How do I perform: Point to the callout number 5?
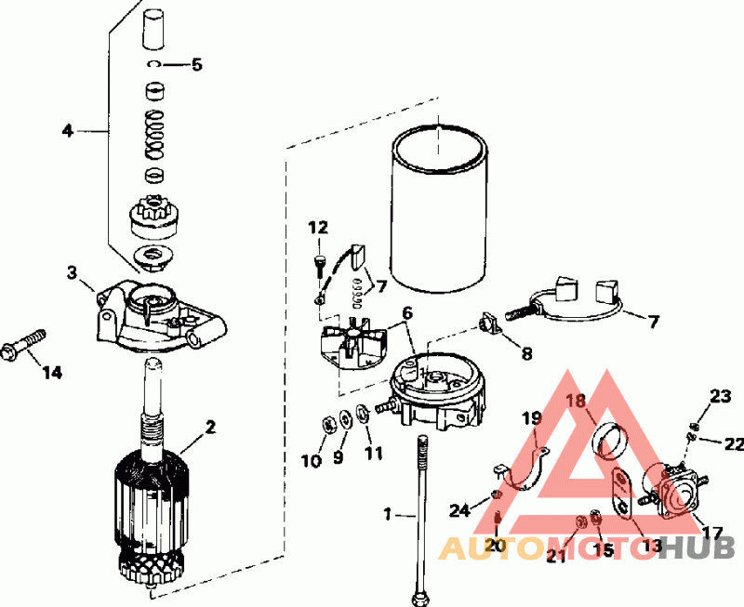(196, 65)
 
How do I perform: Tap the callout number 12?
(319, 227)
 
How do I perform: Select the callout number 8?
(526, 353)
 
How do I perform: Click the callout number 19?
(530, 418)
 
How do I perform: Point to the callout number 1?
(388, 513)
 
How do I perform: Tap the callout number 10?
(312, 459)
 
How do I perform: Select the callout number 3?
(72, 271)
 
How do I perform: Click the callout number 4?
(67, 131)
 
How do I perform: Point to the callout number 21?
(555, 557)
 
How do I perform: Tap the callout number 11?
(373, 454)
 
